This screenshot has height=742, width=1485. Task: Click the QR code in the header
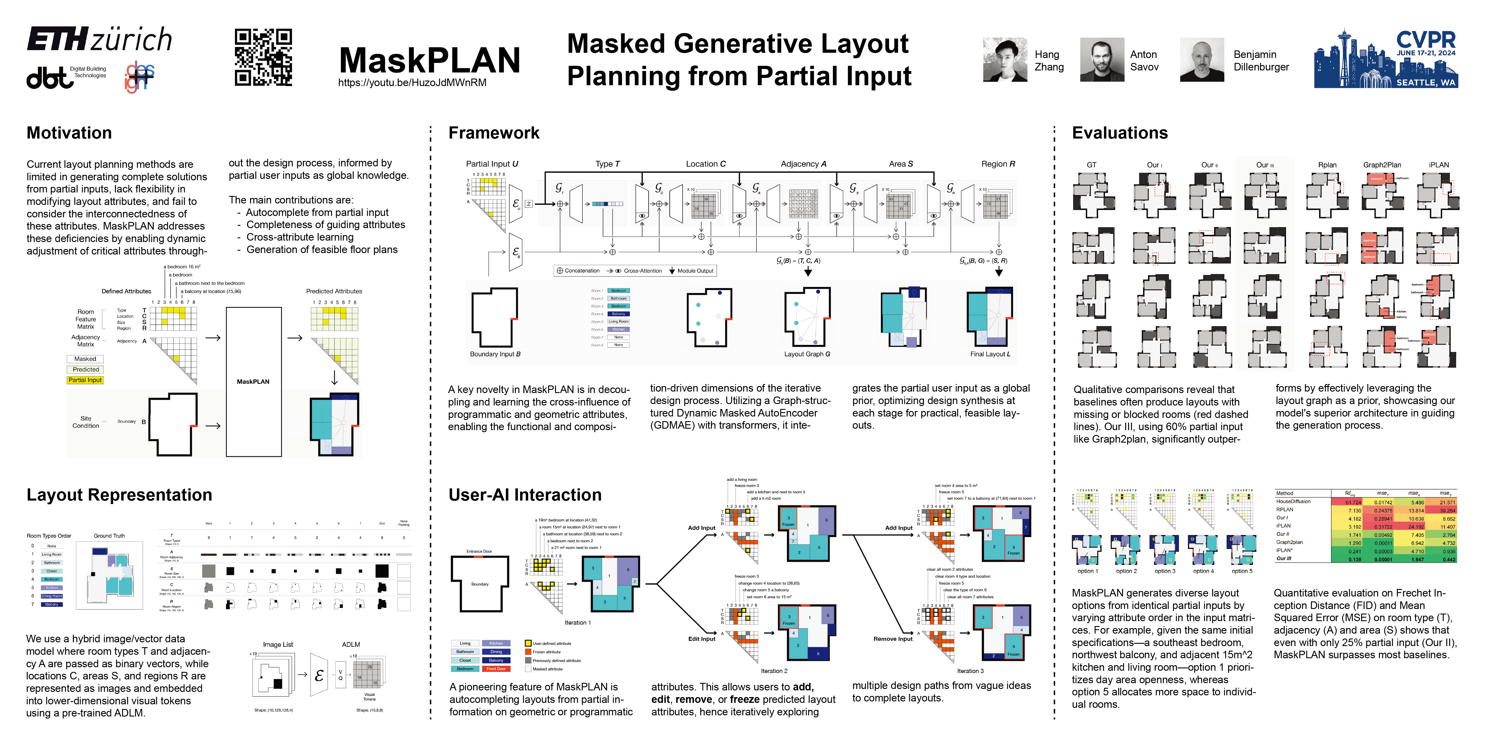click(x=263, y=58)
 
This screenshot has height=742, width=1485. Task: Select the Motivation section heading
click(x=69, y=133)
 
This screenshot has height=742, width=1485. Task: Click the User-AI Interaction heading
click(x=525, y=495)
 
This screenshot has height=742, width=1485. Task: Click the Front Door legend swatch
click(x=496, y=669)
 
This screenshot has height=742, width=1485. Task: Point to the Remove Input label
click(x=893, y=639)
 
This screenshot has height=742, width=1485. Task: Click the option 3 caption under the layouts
click(x=1165, y=572)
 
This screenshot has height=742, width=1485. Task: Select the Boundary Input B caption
click(x=495, y=354)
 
